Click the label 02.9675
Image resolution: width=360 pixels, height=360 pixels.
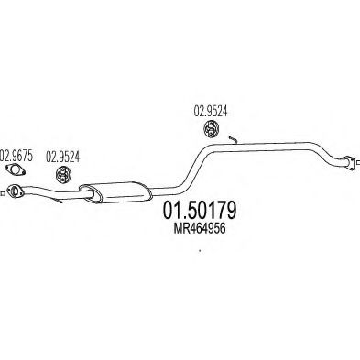16,155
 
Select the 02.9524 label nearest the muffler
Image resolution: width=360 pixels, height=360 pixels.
62,155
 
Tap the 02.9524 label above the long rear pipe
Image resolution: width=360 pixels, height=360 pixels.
209,115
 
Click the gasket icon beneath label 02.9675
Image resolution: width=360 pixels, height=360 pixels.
16,170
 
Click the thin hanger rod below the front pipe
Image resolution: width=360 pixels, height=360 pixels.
57,198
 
